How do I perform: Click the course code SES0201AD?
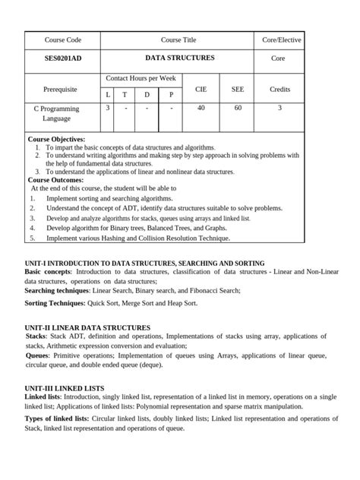coord(62,58)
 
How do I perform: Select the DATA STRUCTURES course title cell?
coord(179,58)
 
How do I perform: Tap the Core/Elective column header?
coord(281,39)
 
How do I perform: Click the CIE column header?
coord(201,89)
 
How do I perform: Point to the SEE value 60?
coord(237,109)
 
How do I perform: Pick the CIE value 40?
coord(201,109)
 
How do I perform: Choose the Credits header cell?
coord(279,89)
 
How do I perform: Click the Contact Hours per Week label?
coord(141,78)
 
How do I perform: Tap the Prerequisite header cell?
coord(62,89)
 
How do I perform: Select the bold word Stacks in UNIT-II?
coord(36,336)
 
